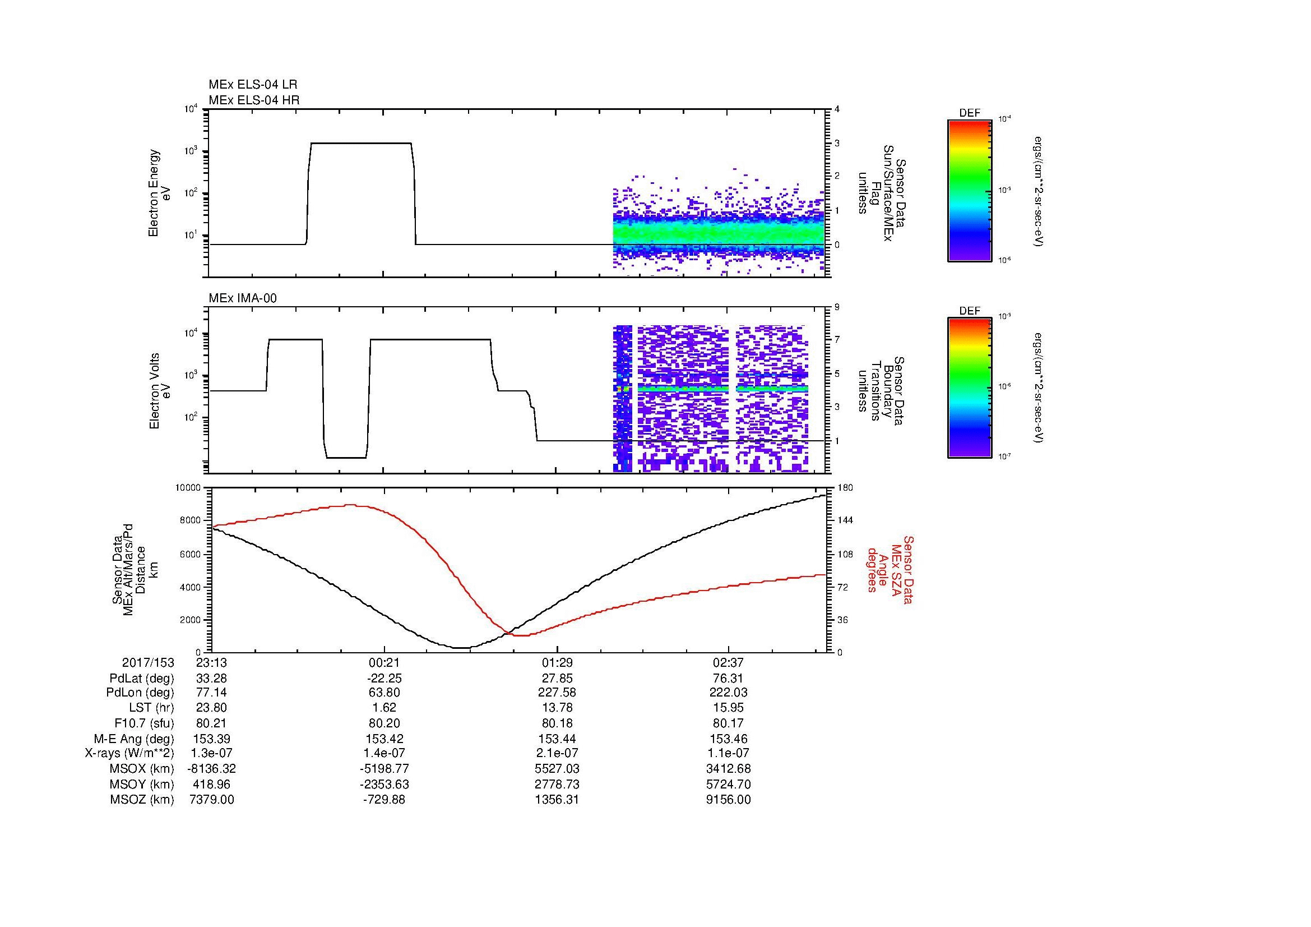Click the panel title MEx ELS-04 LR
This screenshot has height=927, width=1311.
252,85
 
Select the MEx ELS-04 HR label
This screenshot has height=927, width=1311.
253,100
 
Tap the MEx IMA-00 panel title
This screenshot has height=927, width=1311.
242,298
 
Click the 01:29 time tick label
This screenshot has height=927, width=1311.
555,662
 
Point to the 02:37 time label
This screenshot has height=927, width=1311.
728,662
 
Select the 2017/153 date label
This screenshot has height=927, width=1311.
148,662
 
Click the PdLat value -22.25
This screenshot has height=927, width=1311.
384,678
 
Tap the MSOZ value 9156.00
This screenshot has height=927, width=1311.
728,800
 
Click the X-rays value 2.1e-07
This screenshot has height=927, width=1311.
555,754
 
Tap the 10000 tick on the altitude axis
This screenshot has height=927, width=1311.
189,488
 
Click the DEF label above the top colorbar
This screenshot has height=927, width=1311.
969,114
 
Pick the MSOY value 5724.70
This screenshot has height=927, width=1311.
728,785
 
